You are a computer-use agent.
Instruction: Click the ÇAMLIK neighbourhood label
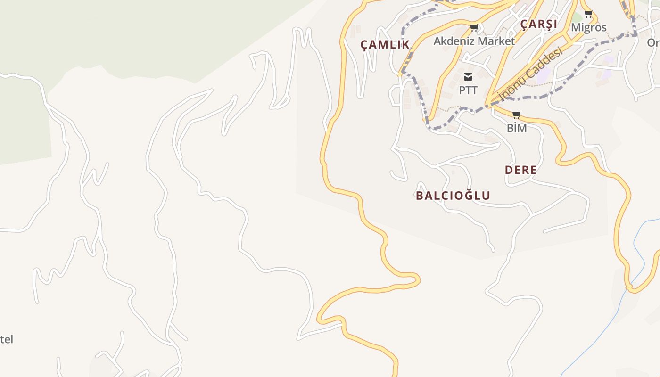[385, 45]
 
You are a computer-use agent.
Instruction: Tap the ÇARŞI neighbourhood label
[538, 25]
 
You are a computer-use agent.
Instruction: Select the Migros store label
[588, 27]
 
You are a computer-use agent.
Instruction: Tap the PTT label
[468, 90]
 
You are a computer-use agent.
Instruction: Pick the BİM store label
[517, 128]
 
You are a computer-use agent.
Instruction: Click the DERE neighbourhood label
[520, 170]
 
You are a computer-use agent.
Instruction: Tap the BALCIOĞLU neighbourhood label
[453, 196]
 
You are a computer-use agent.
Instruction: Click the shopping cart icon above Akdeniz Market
[474, 27]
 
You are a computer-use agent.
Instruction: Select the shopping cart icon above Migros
[588, 14]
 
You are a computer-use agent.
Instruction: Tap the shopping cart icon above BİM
[517, 115]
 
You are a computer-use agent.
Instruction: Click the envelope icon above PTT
[468, 77]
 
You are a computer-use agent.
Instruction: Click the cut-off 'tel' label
[7, 339]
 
